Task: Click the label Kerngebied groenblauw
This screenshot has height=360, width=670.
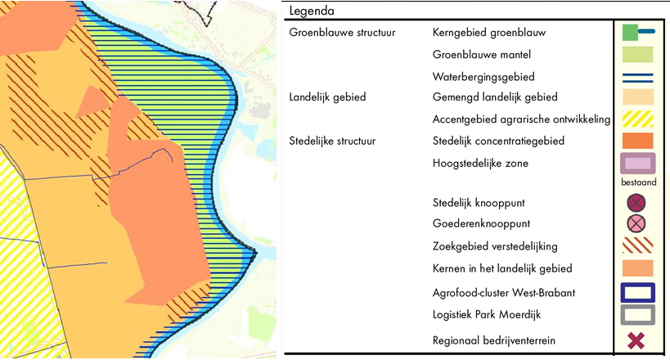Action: point(488,33)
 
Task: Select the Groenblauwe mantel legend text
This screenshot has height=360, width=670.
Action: point(481,55)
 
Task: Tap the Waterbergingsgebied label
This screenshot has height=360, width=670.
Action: point(483,77)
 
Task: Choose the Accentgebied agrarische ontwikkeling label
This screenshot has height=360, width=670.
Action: point(521,119)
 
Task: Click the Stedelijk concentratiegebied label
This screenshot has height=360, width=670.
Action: point(498,141)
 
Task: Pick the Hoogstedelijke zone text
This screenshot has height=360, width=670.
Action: point(480,163)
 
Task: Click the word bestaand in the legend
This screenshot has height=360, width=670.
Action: point(639,182)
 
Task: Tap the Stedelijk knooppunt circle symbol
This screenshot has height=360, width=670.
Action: point(638,202)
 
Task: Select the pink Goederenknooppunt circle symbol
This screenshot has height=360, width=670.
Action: point(638,223)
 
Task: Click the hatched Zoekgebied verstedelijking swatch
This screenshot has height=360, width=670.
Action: point(638,246)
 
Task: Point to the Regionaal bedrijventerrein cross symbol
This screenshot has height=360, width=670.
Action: point(638,340)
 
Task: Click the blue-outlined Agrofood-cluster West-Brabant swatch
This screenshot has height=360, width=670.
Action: point(638,292)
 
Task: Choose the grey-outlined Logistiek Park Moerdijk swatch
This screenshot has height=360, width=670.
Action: point(638,315)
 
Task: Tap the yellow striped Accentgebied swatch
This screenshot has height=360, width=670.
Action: point(638,119)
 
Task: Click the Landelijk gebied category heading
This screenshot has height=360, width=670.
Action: point(327,97)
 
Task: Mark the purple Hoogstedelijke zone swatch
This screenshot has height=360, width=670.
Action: point(638,164)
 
